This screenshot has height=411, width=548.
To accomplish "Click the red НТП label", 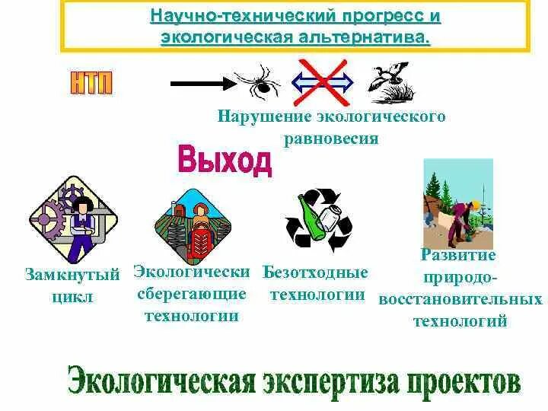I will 92,81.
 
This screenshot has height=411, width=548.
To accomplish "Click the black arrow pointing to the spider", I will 199,80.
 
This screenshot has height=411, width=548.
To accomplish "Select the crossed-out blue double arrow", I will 323,81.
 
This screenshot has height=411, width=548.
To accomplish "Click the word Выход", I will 225,159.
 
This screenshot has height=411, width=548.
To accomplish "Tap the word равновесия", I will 331,139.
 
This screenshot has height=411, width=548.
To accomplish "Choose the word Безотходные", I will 315,272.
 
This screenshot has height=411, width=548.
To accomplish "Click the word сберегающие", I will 192,293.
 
